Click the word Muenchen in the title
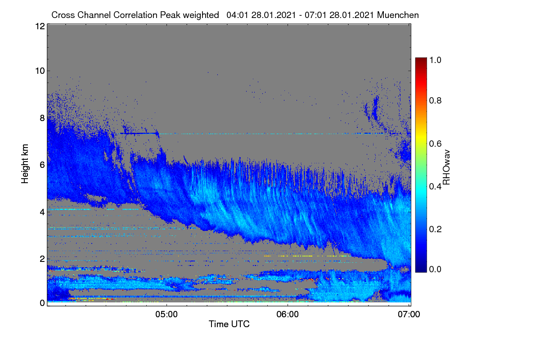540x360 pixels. coord(398,15)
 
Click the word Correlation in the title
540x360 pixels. coord(135,15)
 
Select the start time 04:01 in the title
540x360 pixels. coord(237,15)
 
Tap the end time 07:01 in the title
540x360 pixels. coord(315,15)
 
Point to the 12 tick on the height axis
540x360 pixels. coord(40,26)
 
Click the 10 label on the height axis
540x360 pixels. coord(40,71)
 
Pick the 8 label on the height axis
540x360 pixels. coord(42,118)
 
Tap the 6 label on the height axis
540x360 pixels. coord(42,165)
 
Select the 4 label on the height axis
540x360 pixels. coord(42,212)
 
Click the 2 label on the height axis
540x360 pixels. coord(42,259)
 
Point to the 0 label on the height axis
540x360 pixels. coord(42,303)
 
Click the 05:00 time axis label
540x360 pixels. coord(166,314)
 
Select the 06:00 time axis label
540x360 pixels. coord(288,314)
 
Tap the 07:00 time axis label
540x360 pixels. coord(409,314)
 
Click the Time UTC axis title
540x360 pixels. coord(229,324)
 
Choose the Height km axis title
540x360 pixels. coord(25,164)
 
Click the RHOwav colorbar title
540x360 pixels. coord(446,167)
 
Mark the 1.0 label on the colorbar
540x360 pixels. coord(435,60)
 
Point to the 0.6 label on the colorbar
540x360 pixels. coord(435,144)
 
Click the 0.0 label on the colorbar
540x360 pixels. coord(435,269)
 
